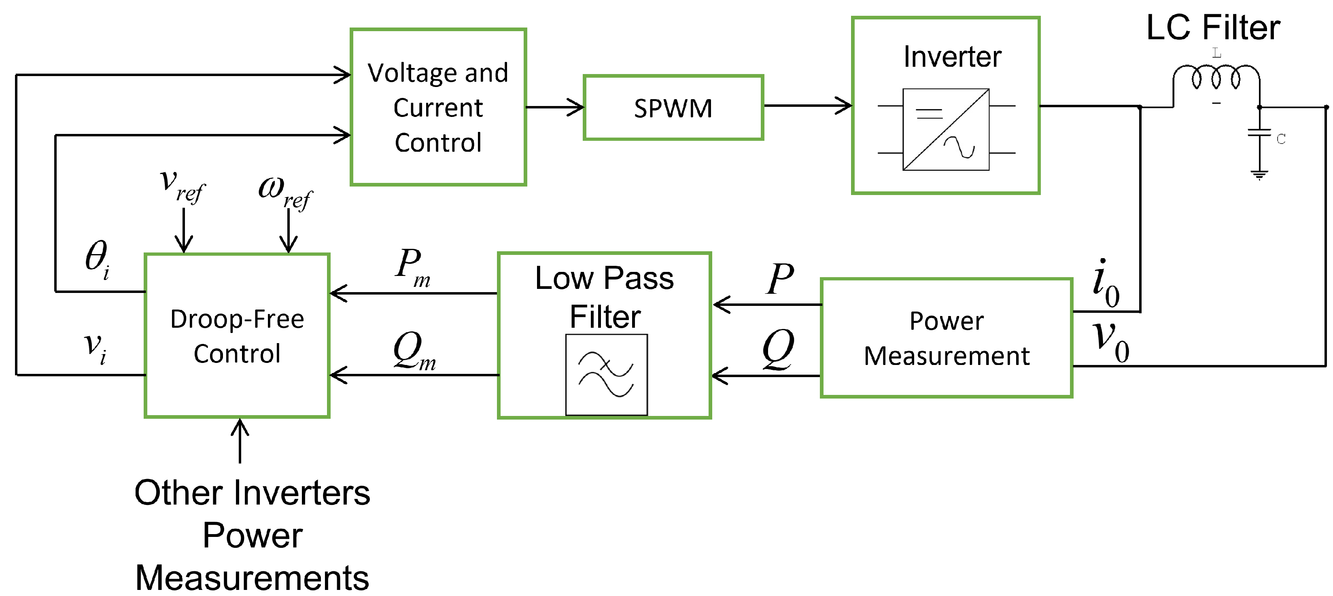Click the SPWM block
tap(673, 107)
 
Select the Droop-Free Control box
tap(237, 335)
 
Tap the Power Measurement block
tap(947, 338)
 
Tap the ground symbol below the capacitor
tap(1259, 175)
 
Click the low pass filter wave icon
tap(607, 375)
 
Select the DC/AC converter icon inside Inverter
tap(946, 129)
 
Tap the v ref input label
tap(183, 186)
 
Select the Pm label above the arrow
tap(413, 267)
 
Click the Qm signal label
tap(414, 351)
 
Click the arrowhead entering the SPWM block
tap(575, 107)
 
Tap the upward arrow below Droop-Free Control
tap(240, 441)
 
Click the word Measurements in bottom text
tap(252, 577)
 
